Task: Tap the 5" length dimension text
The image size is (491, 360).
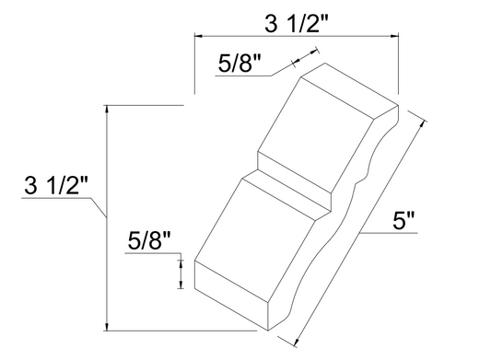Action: click(405, 221)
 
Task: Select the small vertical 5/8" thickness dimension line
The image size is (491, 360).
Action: click(181, 273)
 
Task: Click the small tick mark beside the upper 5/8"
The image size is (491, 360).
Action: click(294, 63)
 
